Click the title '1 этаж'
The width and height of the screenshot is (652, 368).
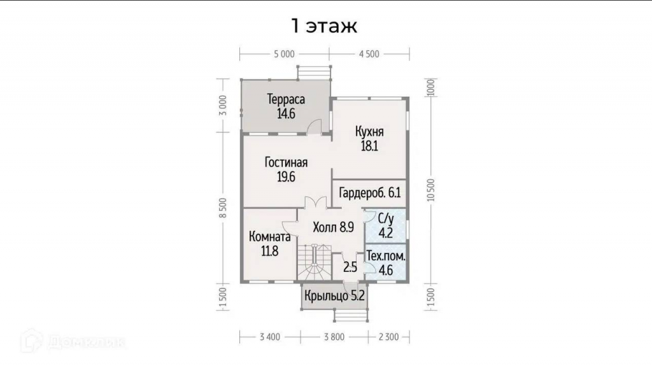pyautogui.click(x=324, y=25)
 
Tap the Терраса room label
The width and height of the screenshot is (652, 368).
pyautogui.click(x=286, y=99)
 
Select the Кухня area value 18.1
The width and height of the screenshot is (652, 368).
pyautogui.click(x=369, y=146)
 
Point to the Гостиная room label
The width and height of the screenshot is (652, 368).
pyautogui.click(x=286, y=162)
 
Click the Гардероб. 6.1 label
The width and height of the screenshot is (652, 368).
pyautogui.click(x=370, y=193)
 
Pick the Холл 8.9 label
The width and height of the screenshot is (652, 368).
pyautogui.click(x=334, y=227)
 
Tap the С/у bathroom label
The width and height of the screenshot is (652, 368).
pyautogui.click(x=385, y=218)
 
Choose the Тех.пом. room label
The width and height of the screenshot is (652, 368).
pyautogui.click(x=386, y=256)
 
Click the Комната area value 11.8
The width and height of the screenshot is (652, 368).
pyautogui.click(x=269, y=251)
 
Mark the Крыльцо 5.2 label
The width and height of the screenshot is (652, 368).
pyautogui.click(x=334, y=295)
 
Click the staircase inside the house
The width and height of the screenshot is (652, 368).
pyautogui.click(x=315, y=262)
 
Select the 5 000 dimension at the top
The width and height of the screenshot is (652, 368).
pyautogui.click(x=285, y=54)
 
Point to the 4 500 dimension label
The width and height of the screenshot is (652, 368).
pyautogui.click(x=369, y=54)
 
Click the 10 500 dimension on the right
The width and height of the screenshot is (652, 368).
pyautogui.click(x=431, y=190)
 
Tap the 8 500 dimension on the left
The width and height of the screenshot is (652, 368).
pyautogui.click(x=223, y=208)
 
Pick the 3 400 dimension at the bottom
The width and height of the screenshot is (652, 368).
pyautogui.click(x=270, y=337)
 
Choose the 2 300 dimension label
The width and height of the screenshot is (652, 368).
pyautogui.click(x=389, y=337)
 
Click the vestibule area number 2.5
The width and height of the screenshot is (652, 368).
pyautogui.click(x=350, y=267)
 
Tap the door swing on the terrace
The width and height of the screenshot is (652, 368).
pyautogui.click(x=315, y=126)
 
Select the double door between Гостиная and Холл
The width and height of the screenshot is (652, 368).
pyautogui.click(x=316, y=202)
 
